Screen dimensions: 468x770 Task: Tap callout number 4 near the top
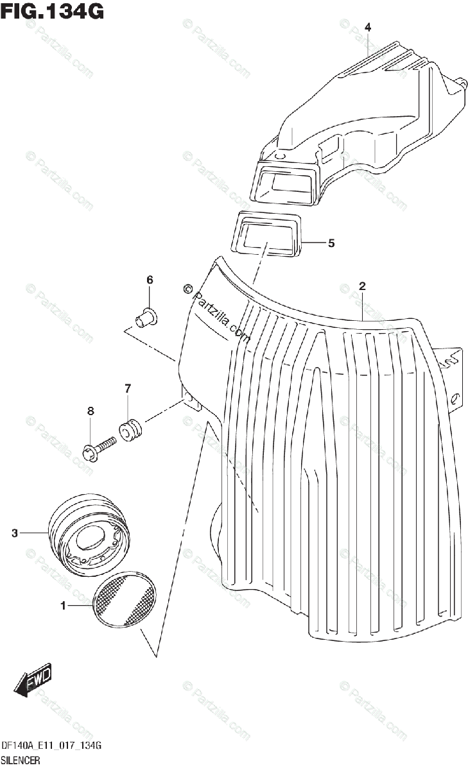click(x=368, y=27)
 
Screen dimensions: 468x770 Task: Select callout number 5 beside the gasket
click(x=331, y=243)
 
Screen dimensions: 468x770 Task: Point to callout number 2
click(x=362, y=286)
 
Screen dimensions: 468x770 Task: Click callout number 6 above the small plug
click(x=150, y=280)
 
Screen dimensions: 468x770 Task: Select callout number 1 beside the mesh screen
click(x=64, y=605)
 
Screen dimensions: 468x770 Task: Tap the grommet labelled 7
click(x=131, y=428)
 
